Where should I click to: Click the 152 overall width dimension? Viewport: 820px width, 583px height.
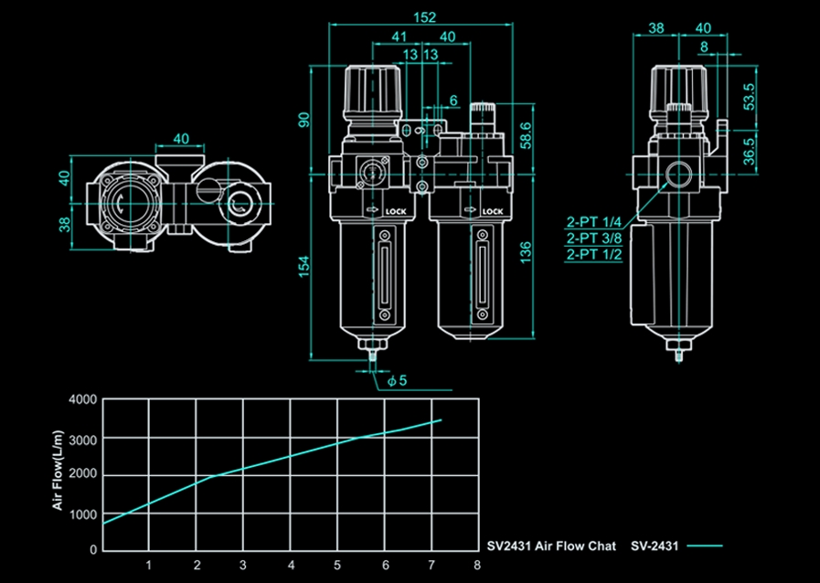point(424,16)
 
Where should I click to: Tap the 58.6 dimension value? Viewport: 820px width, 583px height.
point(525,133)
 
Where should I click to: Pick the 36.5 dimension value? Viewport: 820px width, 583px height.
point(750,150)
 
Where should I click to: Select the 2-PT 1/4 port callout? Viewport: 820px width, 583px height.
point(594,222)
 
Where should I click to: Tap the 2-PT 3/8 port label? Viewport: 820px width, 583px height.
point(594,238)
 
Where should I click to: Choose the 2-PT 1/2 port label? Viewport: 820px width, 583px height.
point(594,255)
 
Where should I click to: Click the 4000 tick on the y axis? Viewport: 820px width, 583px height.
point(82,400)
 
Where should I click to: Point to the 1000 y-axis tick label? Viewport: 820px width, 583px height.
point(82,514)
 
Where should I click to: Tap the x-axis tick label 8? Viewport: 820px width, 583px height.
point(477,565)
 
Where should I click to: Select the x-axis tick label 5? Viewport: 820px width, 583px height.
point(337,565)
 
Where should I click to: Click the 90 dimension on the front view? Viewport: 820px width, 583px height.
point(304,120)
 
